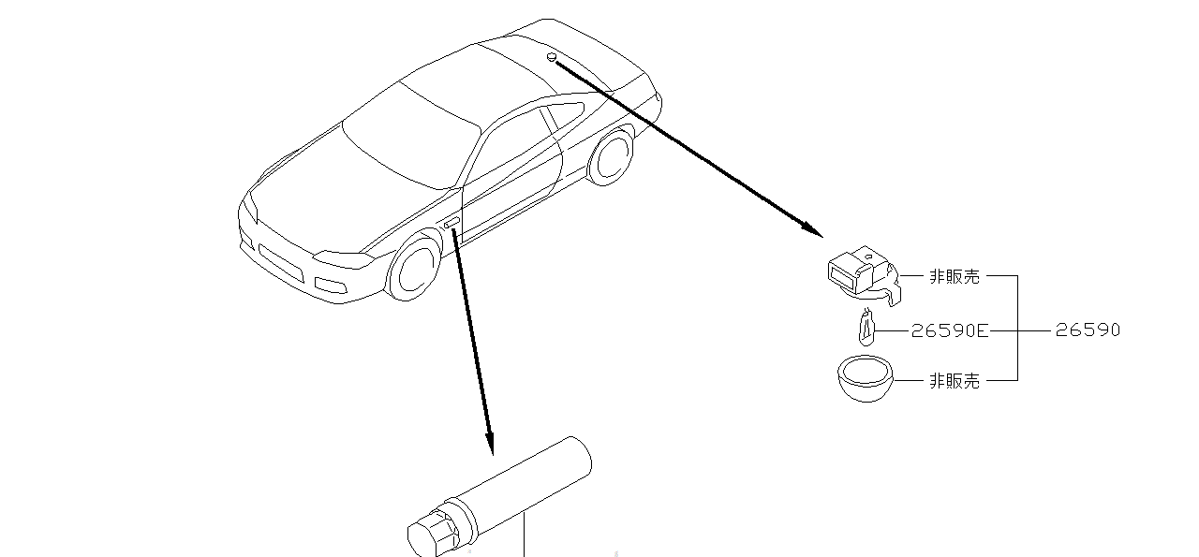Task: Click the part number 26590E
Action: coord(950,330)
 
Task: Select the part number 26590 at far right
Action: coord(1088,330)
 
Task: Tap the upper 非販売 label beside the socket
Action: coord(955,276)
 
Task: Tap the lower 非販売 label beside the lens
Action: coord(955,381)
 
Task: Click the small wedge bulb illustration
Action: coord(866,328)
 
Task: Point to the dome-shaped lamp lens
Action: coord(866,380)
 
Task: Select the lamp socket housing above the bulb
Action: coord(863,275)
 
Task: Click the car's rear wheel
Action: coord(611,155)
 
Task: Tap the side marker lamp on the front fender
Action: coord(451,223)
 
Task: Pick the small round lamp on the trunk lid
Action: coord(552,57)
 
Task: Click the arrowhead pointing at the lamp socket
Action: coord(812,229)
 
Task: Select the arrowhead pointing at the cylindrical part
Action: coord(490,444)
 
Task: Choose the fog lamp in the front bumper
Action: coord(331,286)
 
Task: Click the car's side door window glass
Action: coord(509,144)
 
